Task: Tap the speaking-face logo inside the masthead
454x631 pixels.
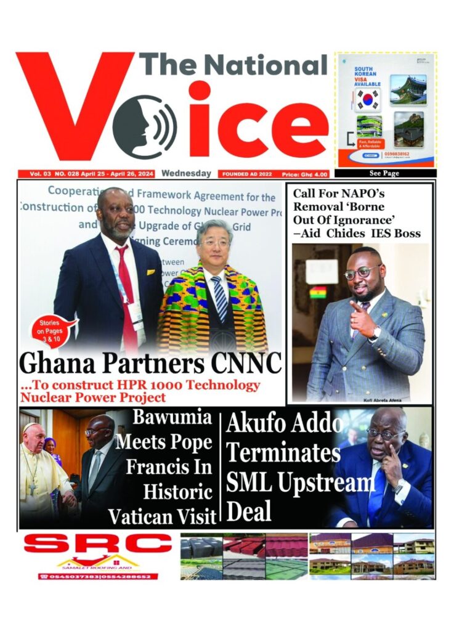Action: [144, 119]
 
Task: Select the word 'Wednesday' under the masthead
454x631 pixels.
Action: [187, 174]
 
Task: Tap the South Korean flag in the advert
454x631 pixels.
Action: [368, 99]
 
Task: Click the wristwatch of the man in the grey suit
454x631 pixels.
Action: [375, 333]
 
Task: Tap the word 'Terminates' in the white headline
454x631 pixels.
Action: [283, 453]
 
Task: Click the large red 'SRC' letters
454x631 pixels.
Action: [98, 545]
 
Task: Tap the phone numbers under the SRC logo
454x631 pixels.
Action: [98, 577]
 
